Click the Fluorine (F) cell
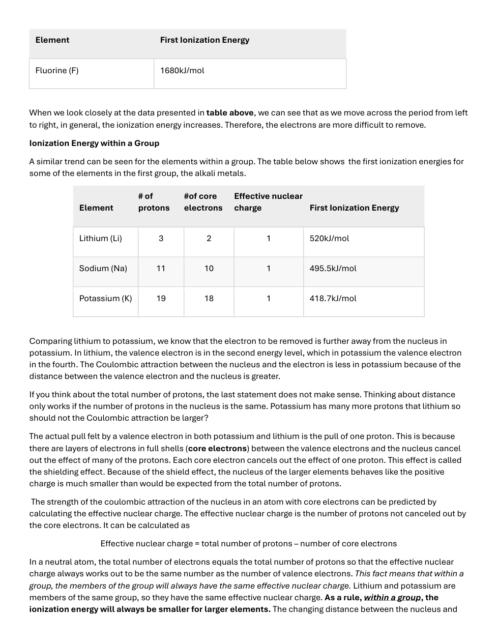(57, 71)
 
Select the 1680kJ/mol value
(182, 71)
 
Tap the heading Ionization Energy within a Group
(94, 143)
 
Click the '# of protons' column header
(154, 202)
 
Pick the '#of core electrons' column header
(203, 202)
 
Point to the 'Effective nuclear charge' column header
(268, 202)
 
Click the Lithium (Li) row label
(101, 239)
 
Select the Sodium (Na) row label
(103, 269)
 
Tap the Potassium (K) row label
(105, 299)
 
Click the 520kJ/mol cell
(329, 239)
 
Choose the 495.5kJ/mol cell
(333, 269)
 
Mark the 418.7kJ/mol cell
(333, 299)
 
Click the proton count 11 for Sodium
(161, 269)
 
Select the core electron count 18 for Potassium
(209, 299)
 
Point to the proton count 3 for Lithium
(161, 239)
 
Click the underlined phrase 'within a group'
(392, 598)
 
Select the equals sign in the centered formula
(197, 544)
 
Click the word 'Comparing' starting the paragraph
(50, 341)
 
